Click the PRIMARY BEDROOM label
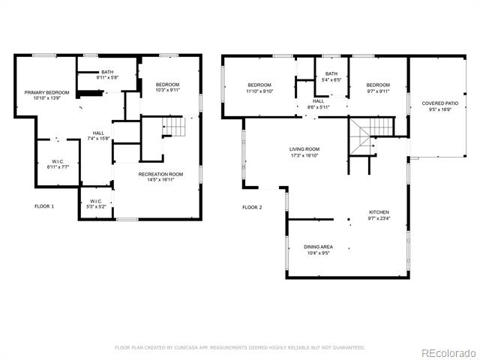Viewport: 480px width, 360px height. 46,92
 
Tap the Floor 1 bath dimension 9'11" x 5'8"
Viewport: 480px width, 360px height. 107,77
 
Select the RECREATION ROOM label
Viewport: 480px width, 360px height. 160,174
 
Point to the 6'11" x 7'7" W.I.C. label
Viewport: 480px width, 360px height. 58,167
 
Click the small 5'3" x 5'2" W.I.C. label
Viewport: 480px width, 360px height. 96,207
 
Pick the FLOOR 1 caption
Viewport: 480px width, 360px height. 44,206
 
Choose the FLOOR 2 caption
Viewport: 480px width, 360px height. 252,207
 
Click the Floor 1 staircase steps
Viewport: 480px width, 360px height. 174,127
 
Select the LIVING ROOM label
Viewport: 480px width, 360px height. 304,149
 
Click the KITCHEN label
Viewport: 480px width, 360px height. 379,212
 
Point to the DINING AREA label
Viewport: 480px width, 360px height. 318,247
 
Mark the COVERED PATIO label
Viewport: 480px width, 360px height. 440,103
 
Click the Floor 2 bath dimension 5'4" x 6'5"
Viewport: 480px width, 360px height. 331,80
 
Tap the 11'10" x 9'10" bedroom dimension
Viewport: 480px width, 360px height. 259,91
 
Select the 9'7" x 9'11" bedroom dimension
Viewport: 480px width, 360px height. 378,91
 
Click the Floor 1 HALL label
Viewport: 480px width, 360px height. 98,133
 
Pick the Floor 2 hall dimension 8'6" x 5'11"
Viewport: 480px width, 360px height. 318,107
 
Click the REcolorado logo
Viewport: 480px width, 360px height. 449,353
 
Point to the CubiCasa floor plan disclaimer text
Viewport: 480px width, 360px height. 240,347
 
